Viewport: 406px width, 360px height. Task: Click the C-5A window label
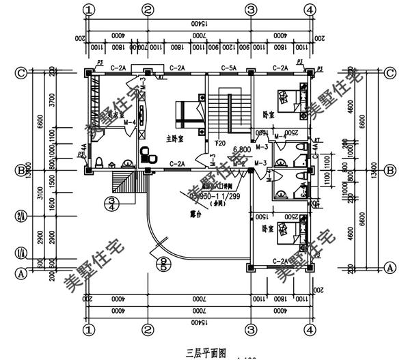(228, 68)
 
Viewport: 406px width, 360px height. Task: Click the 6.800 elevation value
(242, 149)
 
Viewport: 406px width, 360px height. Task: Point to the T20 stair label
(220, 143)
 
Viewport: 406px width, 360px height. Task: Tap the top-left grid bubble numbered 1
(87, 10)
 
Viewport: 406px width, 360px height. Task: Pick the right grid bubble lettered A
(391, 267)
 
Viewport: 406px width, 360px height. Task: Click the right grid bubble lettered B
(391, 170)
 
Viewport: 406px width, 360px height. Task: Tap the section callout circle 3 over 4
(113, 204)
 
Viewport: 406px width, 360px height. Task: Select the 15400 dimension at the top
(198, 24)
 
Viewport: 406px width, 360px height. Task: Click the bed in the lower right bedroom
(290, 237)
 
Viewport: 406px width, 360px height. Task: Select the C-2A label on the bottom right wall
(280, 261)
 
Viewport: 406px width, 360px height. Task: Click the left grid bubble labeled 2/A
(21, 217)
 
